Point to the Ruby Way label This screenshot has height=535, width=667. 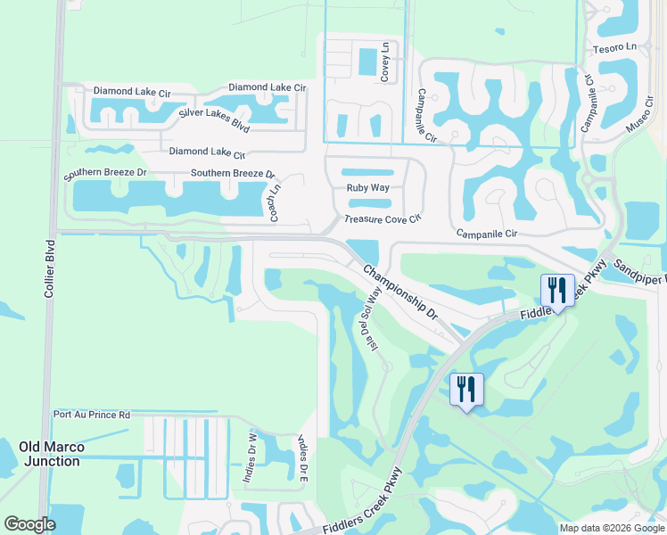(x=367, y=188)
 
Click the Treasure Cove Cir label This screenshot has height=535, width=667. (x=382, y=218)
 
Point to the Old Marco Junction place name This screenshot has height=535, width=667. (x=51, y=453)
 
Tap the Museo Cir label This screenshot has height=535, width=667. (x=638, y=116)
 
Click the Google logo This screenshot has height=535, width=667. (x=29, y=523)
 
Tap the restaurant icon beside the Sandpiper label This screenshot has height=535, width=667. (x=557, y=290)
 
